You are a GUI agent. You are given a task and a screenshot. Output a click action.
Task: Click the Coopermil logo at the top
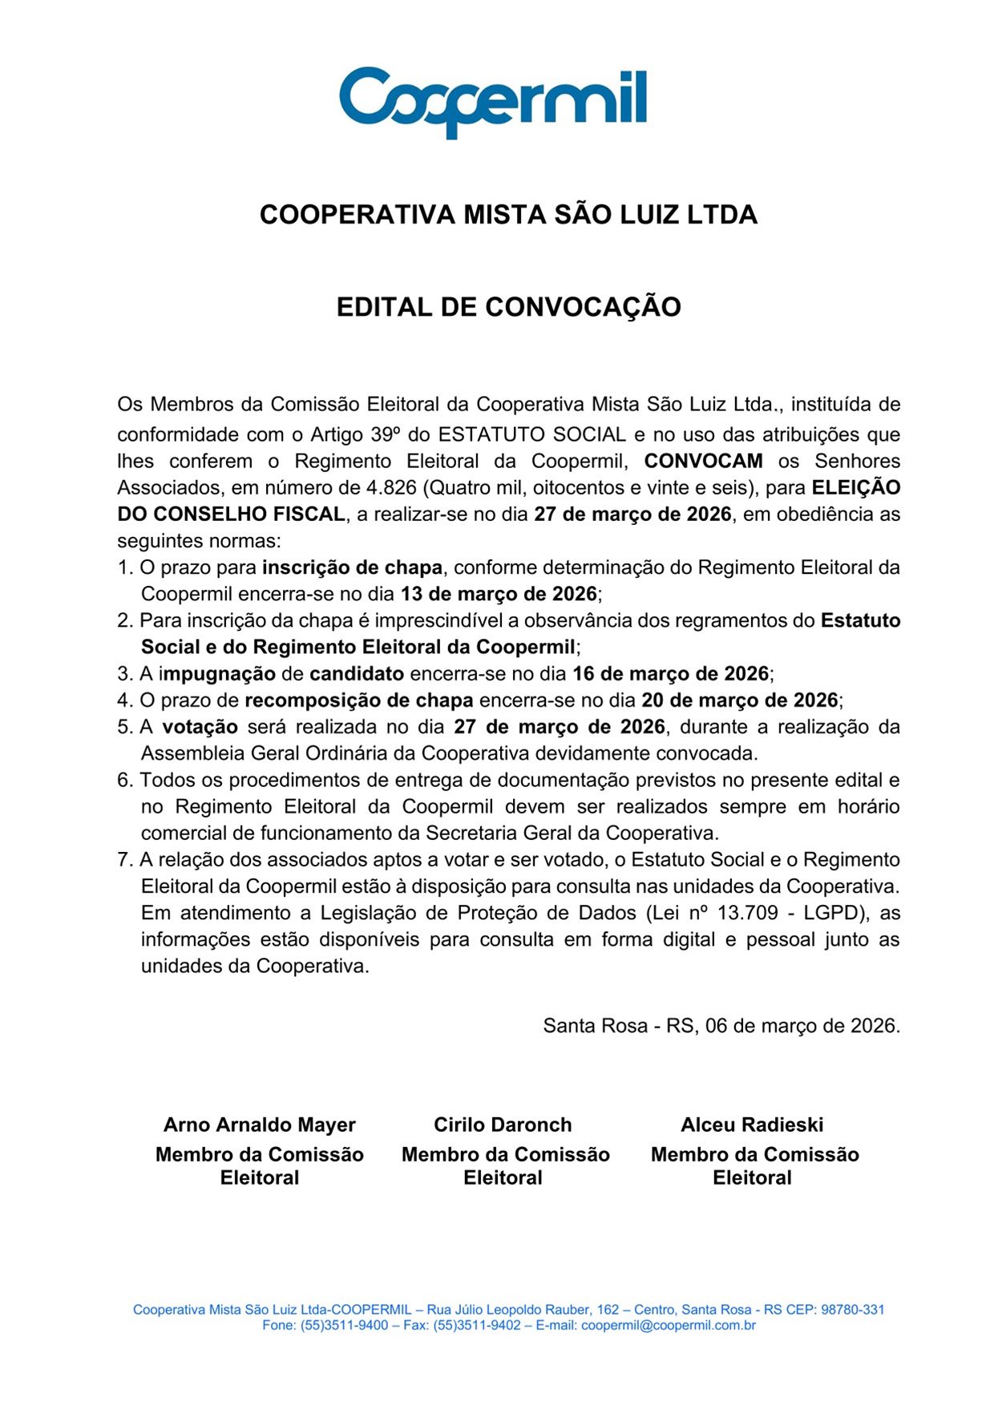click(493, 102)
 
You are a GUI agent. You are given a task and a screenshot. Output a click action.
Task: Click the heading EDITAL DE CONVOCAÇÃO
click(508, 307)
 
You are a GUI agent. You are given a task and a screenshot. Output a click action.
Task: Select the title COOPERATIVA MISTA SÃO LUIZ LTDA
click(508, 215)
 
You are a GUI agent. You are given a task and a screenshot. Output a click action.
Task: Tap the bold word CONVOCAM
click(703, 461)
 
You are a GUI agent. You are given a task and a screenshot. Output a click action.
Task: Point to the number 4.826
click(391, 487)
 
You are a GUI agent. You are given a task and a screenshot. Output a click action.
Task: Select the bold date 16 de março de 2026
click(670, 673)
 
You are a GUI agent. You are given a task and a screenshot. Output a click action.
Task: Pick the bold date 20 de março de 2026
click(739, 700)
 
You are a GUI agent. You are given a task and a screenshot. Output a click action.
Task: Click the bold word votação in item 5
click(200, 727)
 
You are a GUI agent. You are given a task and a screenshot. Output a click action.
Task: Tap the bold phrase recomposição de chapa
click(358, 700)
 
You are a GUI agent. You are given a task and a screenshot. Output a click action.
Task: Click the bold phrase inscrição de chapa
click(352, 567)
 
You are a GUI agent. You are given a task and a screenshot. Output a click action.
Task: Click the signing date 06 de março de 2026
click(802, 1026)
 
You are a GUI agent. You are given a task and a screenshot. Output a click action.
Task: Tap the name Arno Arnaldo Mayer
click(259, 1124)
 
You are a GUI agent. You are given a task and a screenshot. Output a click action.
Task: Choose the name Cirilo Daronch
click(503, 1124)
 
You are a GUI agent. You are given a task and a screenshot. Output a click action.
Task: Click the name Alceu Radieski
click(752, 1124)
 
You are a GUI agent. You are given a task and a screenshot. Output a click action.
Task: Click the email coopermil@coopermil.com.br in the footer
click(669, 1326)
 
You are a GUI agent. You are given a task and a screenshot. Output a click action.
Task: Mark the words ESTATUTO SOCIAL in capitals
click(531, 434)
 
